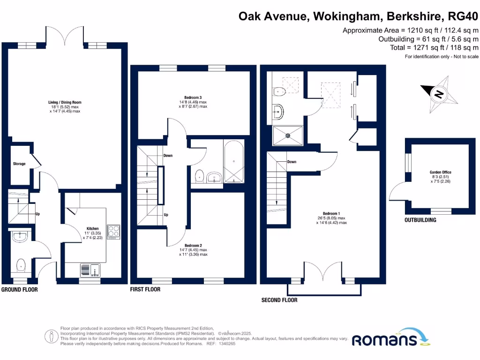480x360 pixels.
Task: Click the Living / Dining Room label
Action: [65, 102]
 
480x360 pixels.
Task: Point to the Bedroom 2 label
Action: [193, 245]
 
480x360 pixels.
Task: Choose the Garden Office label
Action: [440, 172]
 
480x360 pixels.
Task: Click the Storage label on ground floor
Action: [19, 164]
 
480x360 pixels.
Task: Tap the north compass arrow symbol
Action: [439, 94]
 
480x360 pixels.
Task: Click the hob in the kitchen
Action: [113, 232]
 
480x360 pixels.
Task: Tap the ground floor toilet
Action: [21, 266]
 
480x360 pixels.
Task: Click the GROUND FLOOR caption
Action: [19, 290]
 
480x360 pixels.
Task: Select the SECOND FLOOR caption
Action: [279, 300]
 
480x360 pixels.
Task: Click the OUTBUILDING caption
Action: [420, 220]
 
